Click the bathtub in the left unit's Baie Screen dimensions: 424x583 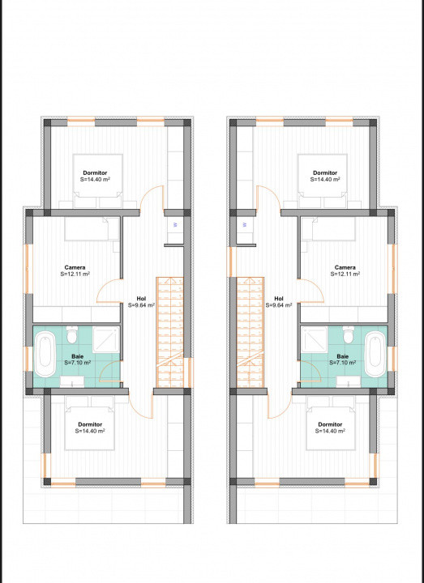(x=45, y=354)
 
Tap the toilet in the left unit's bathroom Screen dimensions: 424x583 (x=72, y=335)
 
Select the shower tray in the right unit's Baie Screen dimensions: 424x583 (x=314, y=339)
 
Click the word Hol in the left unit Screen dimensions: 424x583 (x=141, y=299)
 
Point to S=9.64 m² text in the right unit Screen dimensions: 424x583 (x=279, y=305)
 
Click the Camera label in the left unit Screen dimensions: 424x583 (x=75, y=267)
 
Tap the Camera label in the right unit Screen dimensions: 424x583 (x=345, y=267)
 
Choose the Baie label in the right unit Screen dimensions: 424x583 (x=342, y=356)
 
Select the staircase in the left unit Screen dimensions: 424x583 (x=169, y=332)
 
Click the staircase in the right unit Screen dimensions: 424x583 (x=251, y=332)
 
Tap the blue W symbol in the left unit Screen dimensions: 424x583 (x=175, y=224)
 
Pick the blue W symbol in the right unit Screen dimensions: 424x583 (x=245, y=224)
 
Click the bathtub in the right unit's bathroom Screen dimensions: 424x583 (x=375, y=354)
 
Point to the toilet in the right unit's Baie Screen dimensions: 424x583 (x=349, y=335)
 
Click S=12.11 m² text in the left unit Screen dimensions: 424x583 (x=75, y=274)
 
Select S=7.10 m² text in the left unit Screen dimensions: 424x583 (x=78, y=363)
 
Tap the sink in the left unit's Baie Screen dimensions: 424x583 (x=72, y=381)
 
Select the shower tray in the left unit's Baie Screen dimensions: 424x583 (x=106, y=339)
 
